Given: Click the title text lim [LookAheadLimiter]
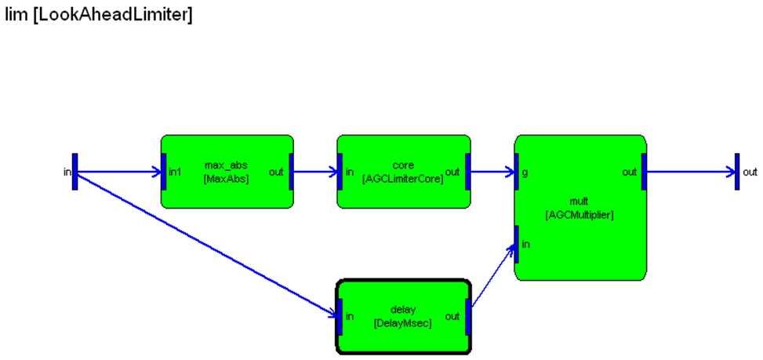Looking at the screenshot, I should tap(99, 15).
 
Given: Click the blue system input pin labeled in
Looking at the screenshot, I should tap(74, 171).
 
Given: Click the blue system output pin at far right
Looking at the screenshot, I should tap(737, 171).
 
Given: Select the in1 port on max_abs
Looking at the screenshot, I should tap(164, 172).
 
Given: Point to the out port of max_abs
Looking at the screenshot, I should tap(291, 172).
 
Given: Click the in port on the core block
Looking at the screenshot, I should tap(340, 172).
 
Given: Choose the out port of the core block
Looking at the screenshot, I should tap(467, 172).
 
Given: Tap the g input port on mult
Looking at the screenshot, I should tap(517, 172).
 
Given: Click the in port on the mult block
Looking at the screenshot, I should tap(517, 244).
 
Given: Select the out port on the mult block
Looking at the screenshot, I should tap(644, 172).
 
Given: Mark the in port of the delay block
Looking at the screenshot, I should tap(340, 316).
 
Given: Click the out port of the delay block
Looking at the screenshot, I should tap(467, 316).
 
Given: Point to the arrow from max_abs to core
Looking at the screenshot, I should tap(315, 172).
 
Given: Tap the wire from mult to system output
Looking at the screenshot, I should tap(690, 172).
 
